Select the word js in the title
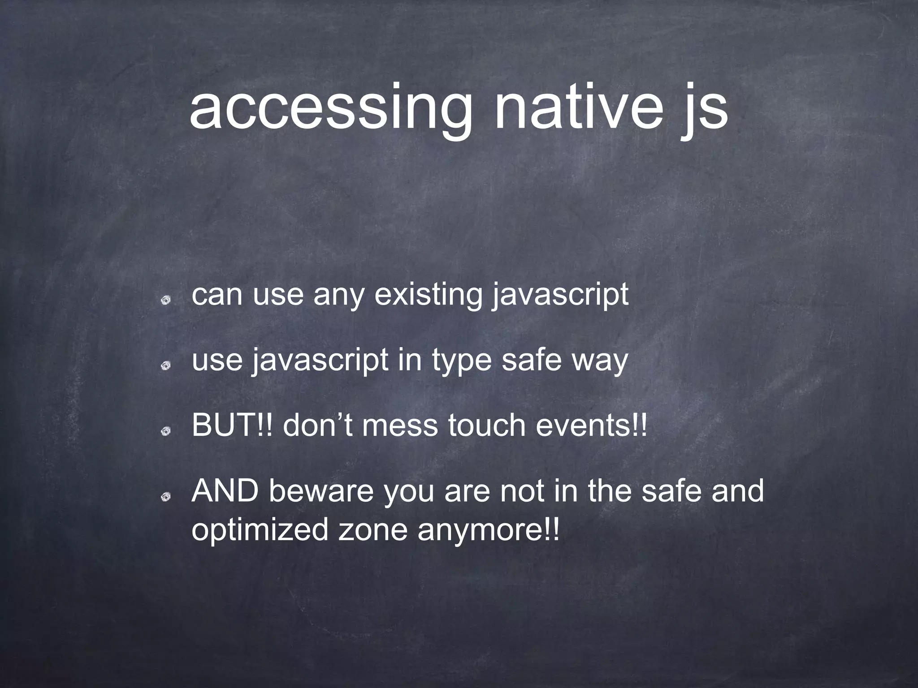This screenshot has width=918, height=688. pos(703,110)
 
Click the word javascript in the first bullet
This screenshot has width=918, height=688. pos(560,297)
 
